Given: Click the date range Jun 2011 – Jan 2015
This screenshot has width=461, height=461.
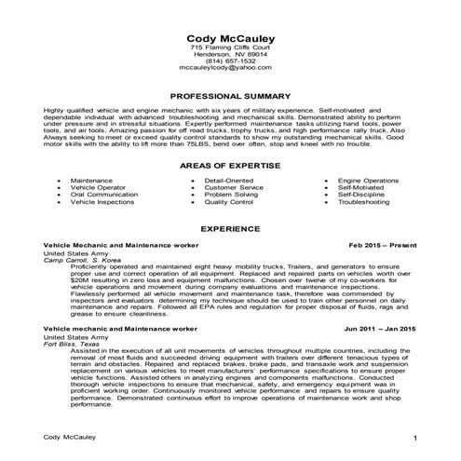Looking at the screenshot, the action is [x=382, y=329].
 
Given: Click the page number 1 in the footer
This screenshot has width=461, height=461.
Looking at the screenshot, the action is [x=415, y=437].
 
